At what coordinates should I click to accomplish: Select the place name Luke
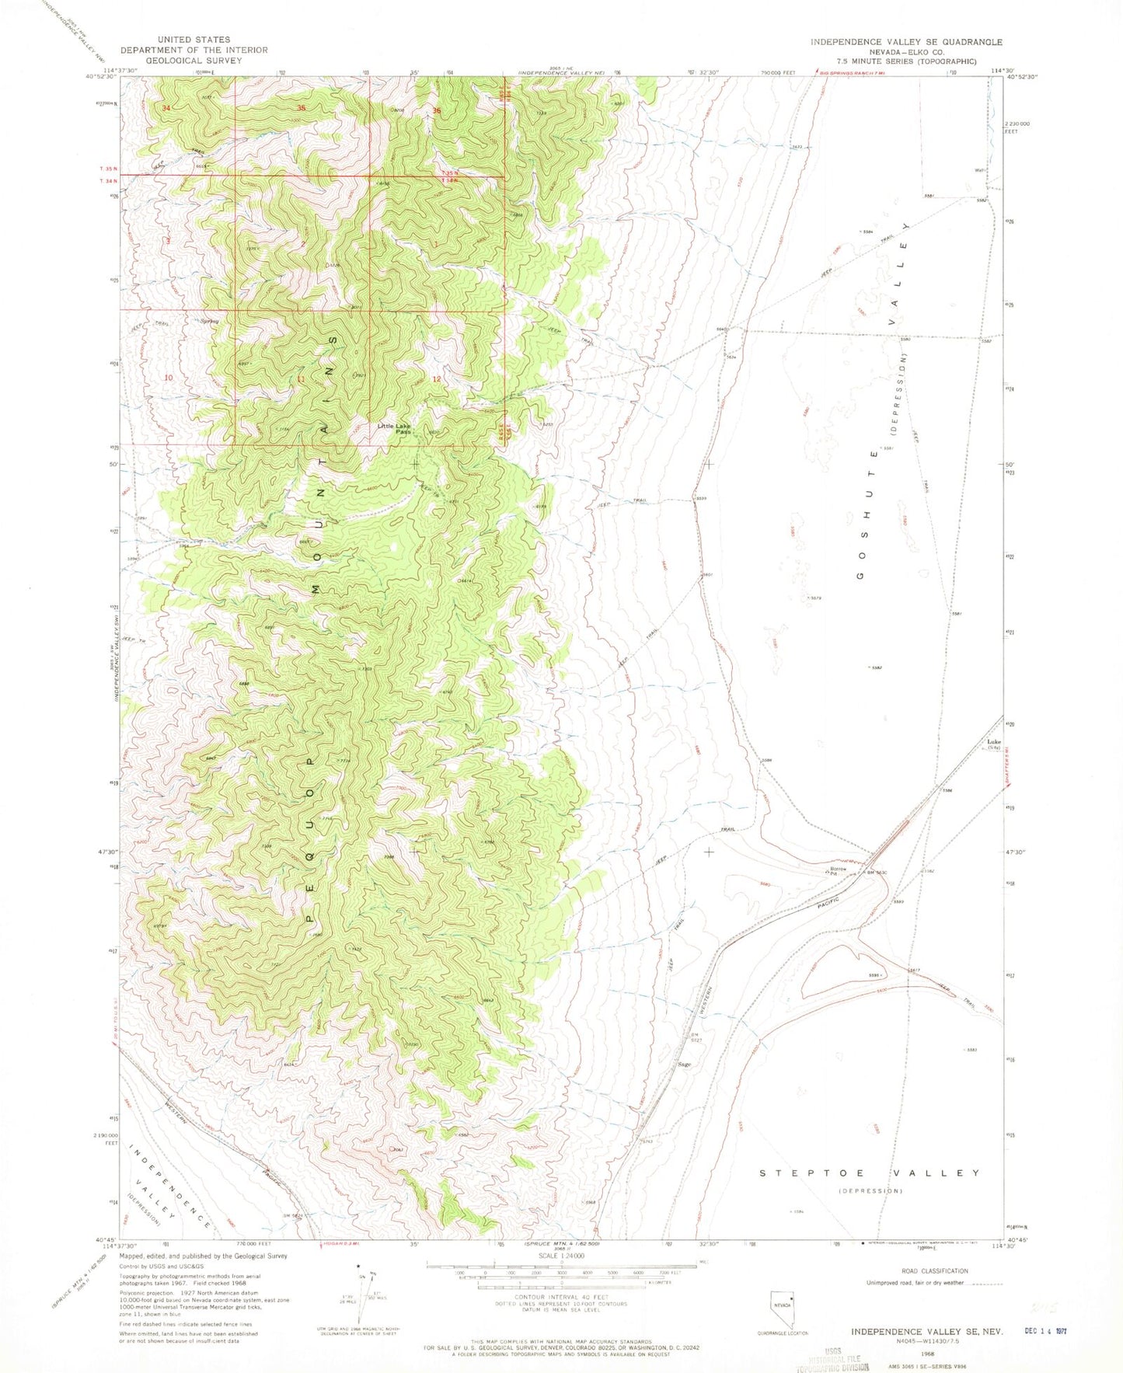(x=993, y=742)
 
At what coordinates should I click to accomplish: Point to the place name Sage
(x=685, y=1065)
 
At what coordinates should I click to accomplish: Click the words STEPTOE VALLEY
(x=869, y=1173)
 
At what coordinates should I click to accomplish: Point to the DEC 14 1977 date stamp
(x=1043, y=1330)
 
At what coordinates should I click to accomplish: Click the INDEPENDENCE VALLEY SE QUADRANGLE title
(x=906, y=42)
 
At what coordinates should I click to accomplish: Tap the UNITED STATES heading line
(x=194, y=40)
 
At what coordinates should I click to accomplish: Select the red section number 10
(x=169, y=378)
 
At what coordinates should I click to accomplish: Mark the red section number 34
(x=166, y=108)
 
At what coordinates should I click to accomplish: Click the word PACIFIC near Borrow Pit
(x=830, y=905)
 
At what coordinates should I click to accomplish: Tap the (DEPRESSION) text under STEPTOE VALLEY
(x=870, y=1190)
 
